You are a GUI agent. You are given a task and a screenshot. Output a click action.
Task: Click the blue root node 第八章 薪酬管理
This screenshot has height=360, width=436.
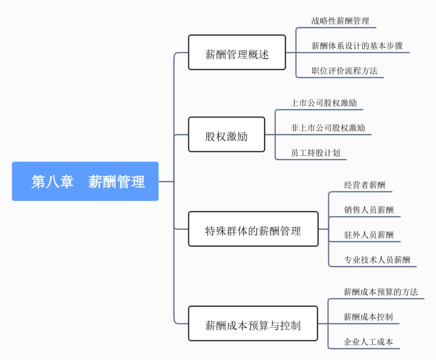tap(85, 181)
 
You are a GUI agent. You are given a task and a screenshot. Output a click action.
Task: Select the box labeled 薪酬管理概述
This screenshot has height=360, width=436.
tap(237, 53)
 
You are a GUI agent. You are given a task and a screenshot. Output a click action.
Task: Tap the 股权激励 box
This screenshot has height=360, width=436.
tap(226, 135)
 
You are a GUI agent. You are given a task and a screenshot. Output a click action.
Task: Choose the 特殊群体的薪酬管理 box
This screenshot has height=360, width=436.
tap(253, 229)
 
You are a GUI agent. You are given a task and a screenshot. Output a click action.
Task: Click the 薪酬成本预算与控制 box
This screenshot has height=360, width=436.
tap(253, 324)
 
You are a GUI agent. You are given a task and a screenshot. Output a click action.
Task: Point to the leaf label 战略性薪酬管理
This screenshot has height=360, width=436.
tap(340, 21)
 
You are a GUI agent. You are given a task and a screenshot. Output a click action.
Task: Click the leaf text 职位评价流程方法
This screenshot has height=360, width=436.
tap(344, 71)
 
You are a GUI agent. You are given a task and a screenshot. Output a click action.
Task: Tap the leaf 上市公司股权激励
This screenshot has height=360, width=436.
tap(324, 103)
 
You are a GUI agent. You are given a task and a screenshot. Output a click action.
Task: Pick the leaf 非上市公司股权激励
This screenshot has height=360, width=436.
tap(328, 128)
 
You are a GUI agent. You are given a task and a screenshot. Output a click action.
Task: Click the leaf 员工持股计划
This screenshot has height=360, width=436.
tap(315, 153)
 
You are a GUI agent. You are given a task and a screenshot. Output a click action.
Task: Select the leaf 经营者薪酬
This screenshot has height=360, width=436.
tap(365, 185)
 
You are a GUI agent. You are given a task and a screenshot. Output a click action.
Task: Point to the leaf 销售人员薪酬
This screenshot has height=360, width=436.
tap(369, 210)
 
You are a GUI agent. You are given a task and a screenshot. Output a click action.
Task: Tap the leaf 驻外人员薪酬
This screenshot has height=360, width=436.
tap(369, 235)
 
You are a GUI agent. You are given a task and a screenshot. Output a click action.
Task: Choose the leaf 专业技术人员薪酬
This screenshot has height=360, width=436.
tap(377, 260)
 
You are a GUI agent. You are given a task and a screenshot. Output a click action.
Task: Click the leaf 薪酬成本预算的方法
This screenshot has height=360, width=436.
tap(381, 292)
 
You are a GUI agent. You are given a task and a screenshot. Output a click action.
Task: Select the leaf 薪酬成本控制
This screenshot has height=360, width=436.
tap(368, 317)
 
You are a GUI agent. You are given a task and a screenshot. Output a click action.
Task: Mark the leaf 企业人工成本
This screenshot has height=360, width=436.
tap(368, 342)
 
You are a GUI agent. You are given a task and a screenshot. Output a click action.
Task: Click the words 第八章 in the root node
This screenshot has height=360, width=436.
tap(52, 181)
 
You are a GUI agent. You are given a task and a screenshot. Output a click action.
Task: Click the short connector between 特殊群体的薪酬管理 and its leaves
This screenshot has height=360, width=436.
tap(323, 229)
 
